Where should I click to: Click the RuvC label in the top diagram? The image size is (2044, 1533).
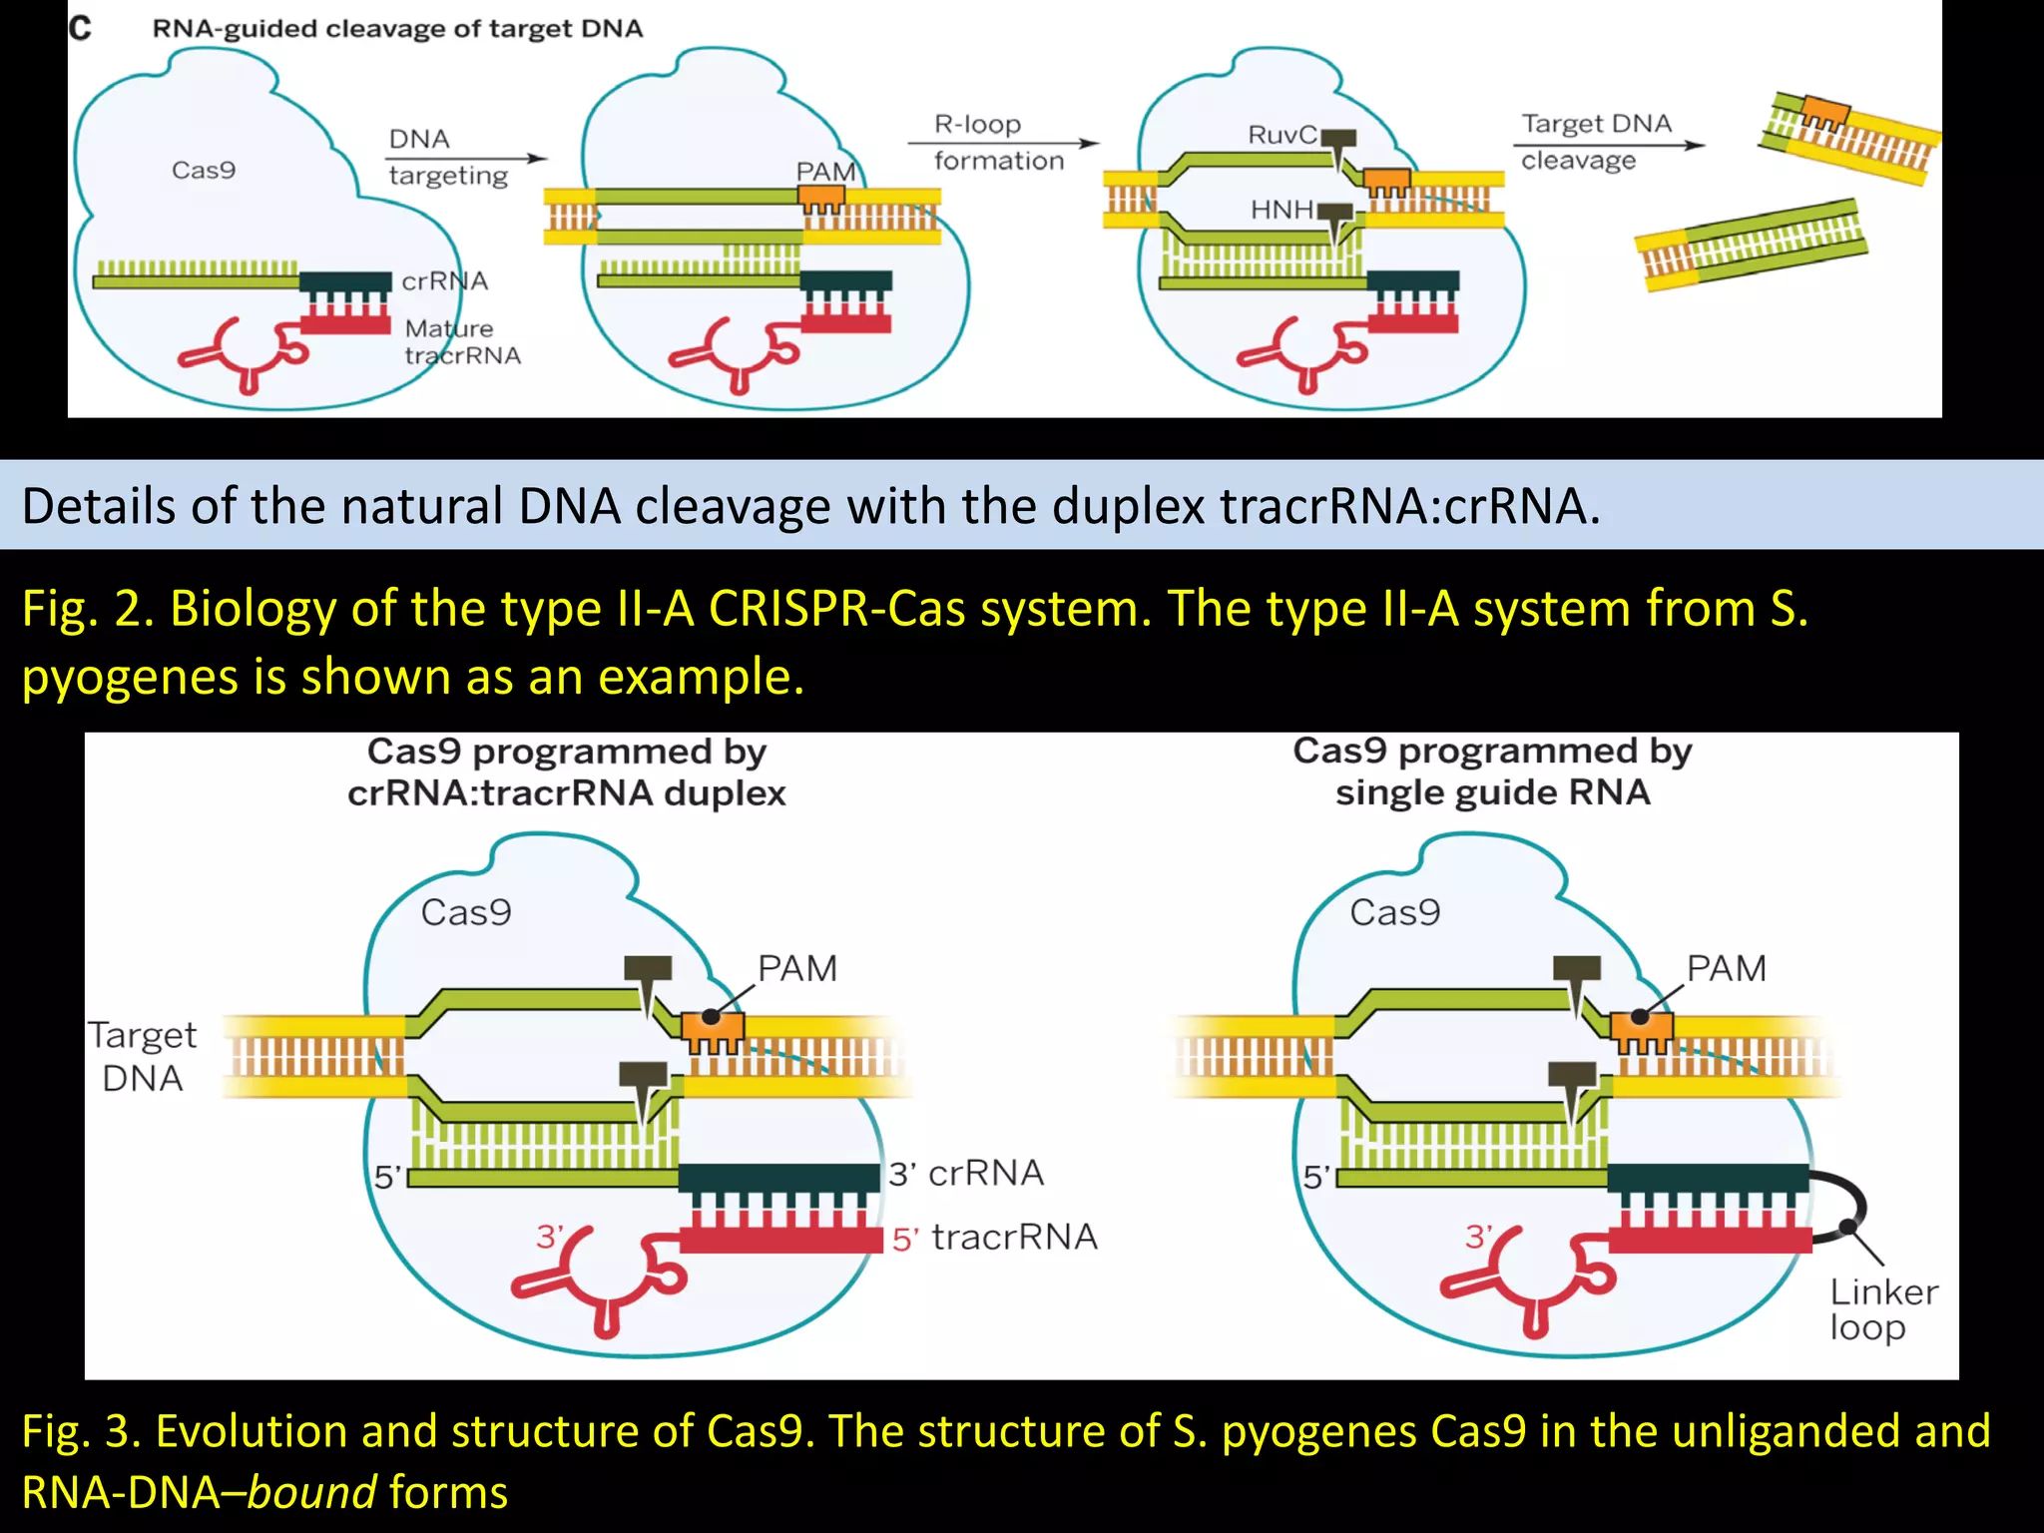click(1281, 135)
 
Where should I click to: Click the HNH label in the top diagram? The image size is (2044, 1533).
click(1281, 210)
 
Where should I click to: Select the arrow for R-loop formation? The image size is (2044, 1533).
click(1002, 144)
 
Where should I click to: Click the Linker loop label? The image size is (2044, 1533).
click(1882, 1309)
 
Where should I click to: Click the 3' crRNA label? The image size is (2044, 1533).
click(966, 1173)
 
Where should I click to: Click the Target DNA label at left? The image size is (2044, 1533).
click(142, 1057)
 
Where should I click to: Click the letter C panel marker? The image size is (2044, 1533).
click(81, 28)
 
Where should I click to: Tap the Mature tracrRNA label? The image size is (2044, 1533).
click(462, 342)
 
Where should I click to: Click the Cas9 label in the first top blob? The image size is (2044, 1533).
click(204, 171)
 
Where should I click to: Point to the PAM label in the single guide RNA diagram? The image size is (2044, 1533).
click(1726, 968)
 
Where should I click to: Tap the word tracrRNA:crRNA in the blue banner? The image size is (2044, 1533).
click(1402, 506)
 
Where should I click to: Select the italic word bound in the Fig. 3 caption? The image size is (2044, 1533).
click(312, 1493)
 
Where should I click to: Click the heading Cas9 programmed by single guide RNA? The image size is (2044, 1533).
click(1492, 771)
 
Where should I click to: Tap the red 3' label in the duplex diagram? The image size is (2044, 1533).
click(549, 1237)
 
